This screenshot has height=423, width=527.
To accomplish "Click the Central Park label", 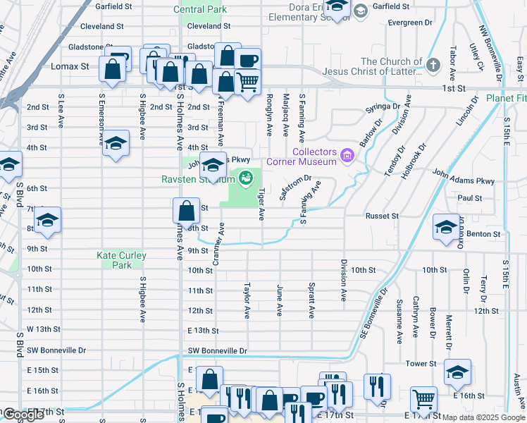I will (x=201, y=10).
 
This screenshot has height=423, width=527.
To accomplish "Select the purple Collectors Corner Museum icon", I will (x=346, y=154).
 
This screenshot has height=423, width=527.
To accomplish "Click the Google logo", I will (x=23, y=415).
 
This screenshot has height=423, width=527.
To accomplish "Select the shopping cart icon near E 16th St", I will (x=423, y=399).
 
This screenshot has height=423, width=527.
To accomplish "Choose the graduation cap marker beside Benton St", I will (x=446, y=227).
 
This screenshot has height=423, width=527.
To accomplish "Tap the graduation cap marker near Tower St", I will (x=457, y=372).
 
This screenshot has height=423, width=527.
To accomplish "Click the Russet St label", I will (x=381, y=216).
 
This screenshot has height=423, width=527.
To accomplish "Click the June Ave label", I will (x=280, y=300).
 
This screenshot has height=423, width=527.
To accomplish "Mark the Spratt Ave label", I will (x=311, y=300).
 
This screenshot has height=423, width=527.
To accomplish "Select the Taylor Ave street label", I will (x=247, y=300).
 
